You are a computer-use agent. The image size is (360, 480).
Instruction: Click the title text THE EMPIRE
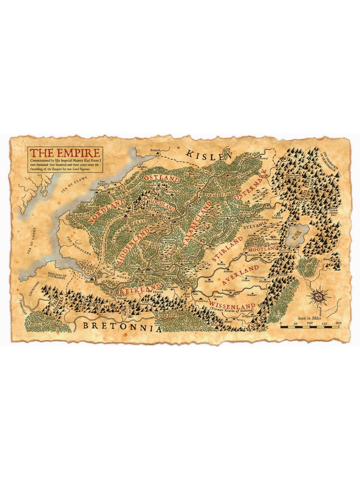tap(64, 153)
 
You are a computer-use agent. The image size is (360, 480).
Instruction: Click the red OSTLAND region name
tap(162, 179)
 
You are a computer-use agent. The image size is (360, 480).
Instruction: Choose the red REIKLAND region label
tap(140, 288)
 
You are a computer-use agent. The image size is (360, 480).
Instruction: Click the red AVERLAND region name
tap(240, 276)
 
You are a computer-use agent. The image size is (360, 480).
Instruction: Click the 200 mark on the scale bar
tap(338, 323)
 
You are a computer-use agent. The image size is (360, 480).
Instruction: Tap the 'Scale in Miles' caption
tap(312, 317)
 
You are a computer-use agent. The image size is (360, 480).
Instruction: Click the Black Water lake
tap(299, 232)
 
